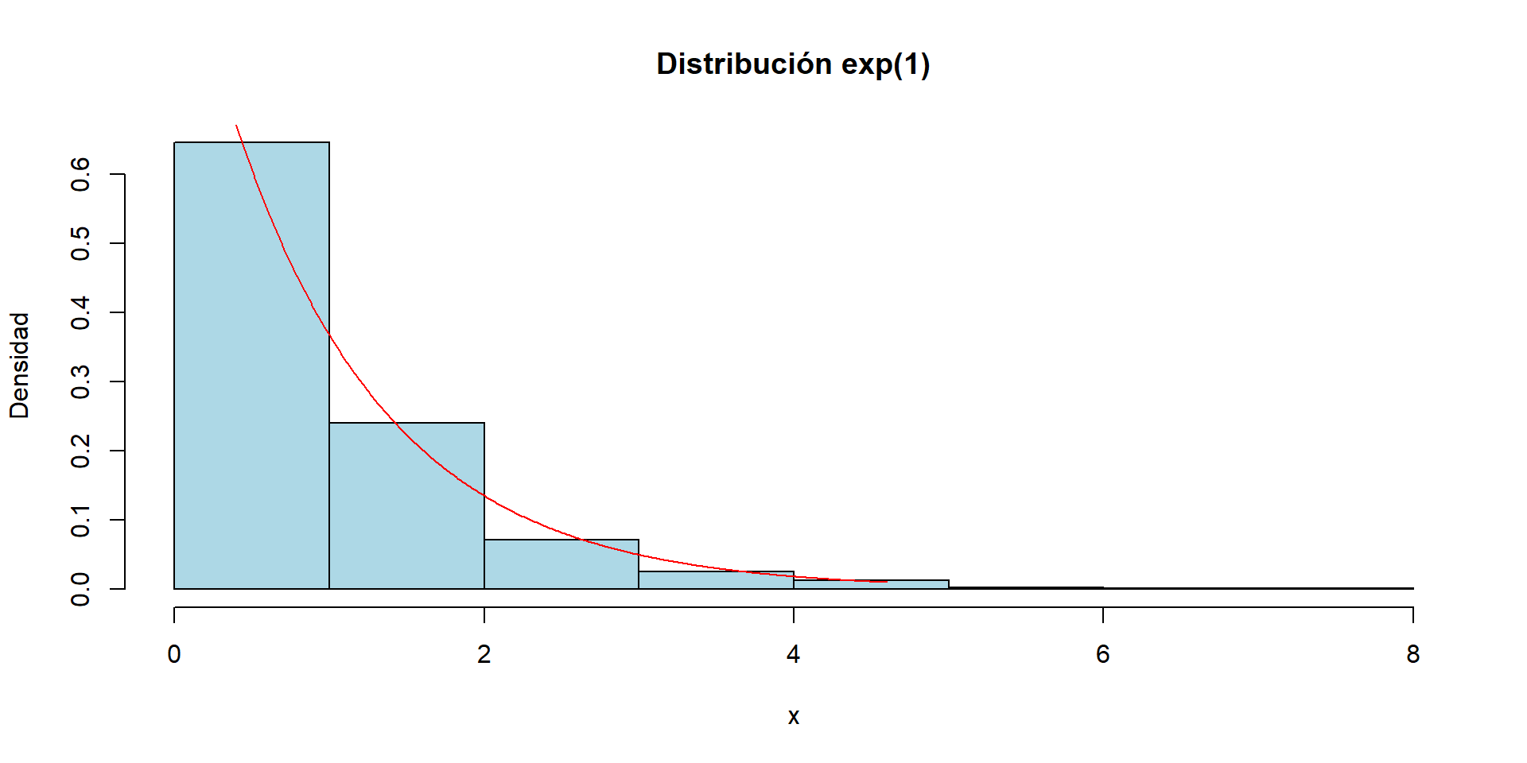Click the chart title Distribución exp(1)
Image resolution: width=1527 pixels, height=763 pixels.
coord(793,64)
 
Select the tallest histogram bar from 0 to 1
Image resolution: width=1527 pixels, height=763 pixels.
coord(251,366)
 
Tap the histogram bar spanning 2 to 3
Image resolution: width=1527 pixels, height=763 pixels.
coord(561,566)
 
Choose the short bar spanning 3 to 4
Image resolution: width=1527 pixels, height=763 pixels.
coord(716,581)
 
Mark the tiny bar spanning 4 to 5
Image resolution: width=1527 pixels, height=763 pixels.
coord(871,585)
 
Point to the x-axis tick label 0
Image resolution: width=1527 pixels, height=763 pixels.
coord(174,654)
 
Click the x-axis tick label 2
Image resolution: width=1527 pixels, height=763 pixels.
coord(484,654)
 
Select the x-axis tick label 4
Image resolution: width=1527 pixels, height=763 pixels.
coord(793,654)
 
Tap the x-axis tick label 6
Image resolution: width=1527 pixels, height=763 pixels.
coord(1102,654)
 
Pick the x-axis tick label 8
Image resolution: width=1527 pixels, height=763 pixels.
coord(1412,654)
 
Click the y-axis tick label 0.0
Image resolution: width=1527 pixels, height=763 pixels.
coord(80,589)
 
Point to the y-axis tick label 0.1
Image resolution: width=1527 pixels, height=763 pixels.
coord(80,520)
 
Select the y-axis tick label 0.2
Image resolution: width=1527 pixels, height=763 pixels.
coord(80,451)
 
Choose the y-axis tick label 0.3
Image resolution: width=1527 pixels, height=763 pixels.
coord(80,381)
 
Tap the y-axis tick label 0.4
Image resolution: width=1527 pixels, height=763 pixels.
coord(80,312)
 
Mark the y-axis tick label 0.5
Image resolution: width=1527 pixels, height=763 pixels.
coord(80,243)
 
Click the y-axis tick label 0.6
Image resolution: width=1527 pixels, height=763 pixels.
coord(80,174)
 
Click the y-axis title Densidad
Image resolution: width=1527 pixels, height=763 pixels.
coord(19,365)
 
